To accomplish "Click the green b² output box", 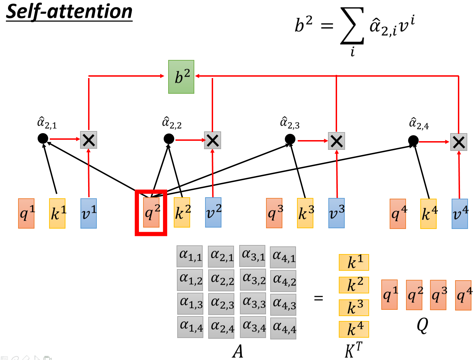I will [x=181, y=77].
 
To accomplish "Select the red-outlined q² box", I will [x=151, y=213].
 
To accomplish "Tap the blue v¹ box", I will [x=88, y=213].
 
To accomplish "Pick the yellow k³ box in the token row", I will [x=305, y=213].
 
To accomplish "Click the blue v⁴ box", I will [x=460, y=214].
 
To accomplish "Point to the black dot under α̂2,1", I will [x=43, y=138].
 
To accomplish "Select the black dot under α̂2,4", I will [x=413, y=141].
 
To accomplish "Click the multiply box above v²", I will [x=212, y=140].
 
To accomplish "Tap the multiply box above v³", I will [x=336, y=141].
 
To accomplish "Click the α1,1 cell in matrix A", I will [x=190, y=256].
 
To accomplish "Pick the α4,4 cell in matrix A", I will [x=283, y=328].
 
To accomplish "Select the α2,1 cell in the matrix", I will [x=221, y=256].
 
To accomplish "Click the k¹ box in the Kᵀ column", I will [x=354, y=262].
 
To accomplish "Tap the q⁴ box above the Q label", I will [x=463, y=295].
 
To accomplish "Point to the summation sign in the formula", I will [x=352, y=26].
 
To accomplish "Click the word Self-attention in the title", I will [x=69, y=12].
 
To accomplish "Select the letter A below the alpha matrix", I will [x=238, y=351].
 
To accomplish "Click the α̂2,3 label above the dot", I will [x=290, y=123].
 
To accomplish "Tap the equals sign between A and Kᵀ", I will [x=318, y=298].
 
